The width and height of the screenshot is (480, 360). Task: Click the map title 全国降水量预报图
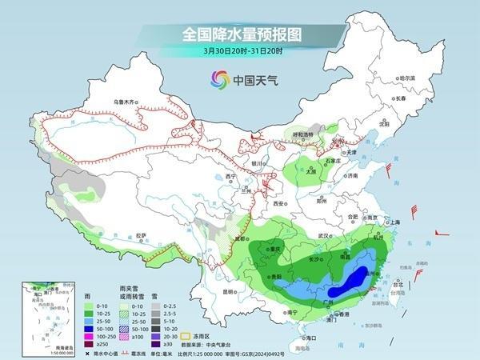click(x=240, y=34)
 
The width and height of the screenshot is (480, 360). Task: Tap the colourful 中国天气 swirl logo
click(x=219, y=79)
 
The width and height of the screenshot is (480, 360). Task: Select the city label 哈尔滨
click(x=407, y=78)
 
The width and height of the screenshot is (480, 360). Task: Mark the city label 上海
click(x=391, y=222)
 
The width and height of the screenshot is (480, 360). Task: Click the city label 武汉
click(x=323, y=236)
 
